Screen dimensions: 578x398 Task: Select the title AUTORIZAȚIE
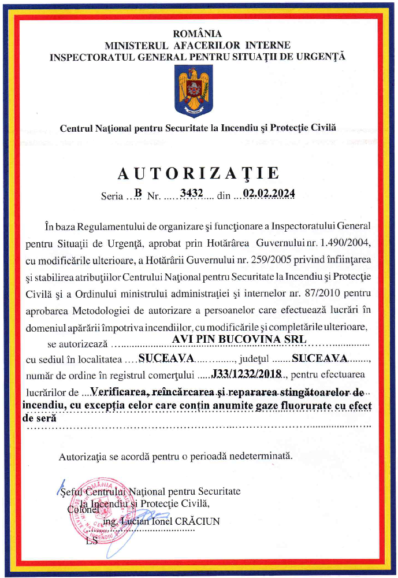coord(199,173)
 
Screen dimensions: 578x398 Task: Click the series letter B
coord(137,194)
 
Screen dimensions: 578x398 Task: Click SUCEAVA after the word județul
coord(319,357)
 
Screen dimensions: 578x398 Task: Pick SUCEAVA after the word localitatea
coord(169,357)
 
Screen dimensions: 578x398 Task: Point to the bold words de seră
coord(39,416)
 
